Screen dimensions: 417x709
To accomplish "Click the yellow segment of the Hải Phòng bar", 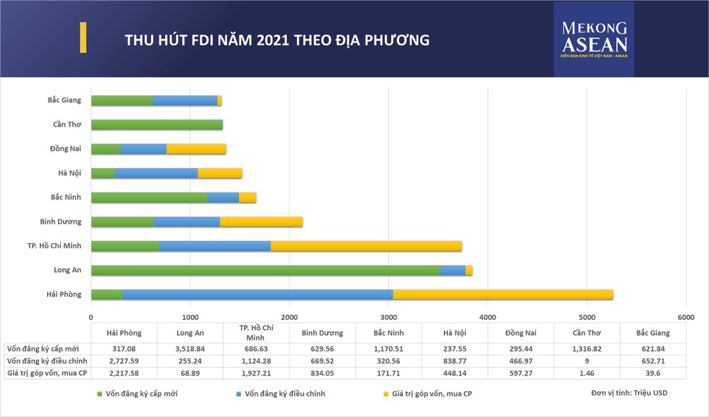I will pyautogui.click(x=503, y=294).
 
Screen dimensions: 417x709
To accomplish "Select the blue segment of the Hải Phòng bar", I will pyautogui.click(x=258, y=294).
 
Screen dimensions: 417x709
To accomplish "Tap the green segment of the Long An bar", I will pyautogui.click(x=265, y=270).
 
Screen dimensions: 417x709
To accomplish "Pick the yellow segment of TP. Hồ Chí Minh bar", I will pyautogui.click(x=366, y=246).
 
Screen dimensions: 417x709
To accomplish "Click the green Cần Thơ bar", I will pyautogui.click(x=156, y=125).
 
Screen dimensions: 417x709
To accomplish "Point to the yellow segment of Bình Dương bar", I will pyautogui.click(x=261, y=222).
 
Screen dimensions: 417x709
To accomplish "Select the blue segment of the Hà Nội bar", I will pyautogui.click(x=156, y=173).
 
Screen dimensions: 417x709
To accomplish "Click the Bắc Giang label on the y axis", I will pyautogui.click(x=64, y=100).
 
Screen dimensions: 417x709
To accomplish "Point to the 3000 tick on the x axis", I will pyautogui.click(x=389, y=317).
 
